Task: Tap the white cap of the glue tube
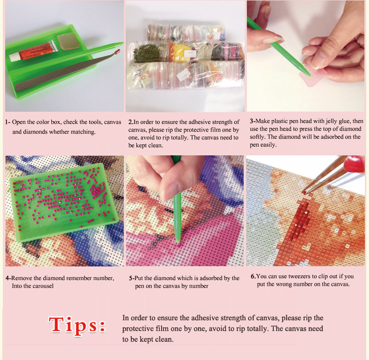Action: (x=14, y=57)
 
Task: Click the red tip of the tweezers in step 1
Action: (x=118, y=50)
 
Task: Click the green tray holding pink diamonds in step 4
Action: (x=63, y=202)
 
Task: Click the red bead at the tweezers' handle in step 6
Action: (x=354, y=163)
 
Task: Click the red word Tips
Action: (x=77, y=324)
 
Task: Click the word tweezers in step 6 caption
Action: (x=299, y=276)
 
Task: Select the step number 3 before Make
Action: (x=251, y=121)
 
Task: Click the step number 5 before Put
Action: (x=130, y=278)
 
